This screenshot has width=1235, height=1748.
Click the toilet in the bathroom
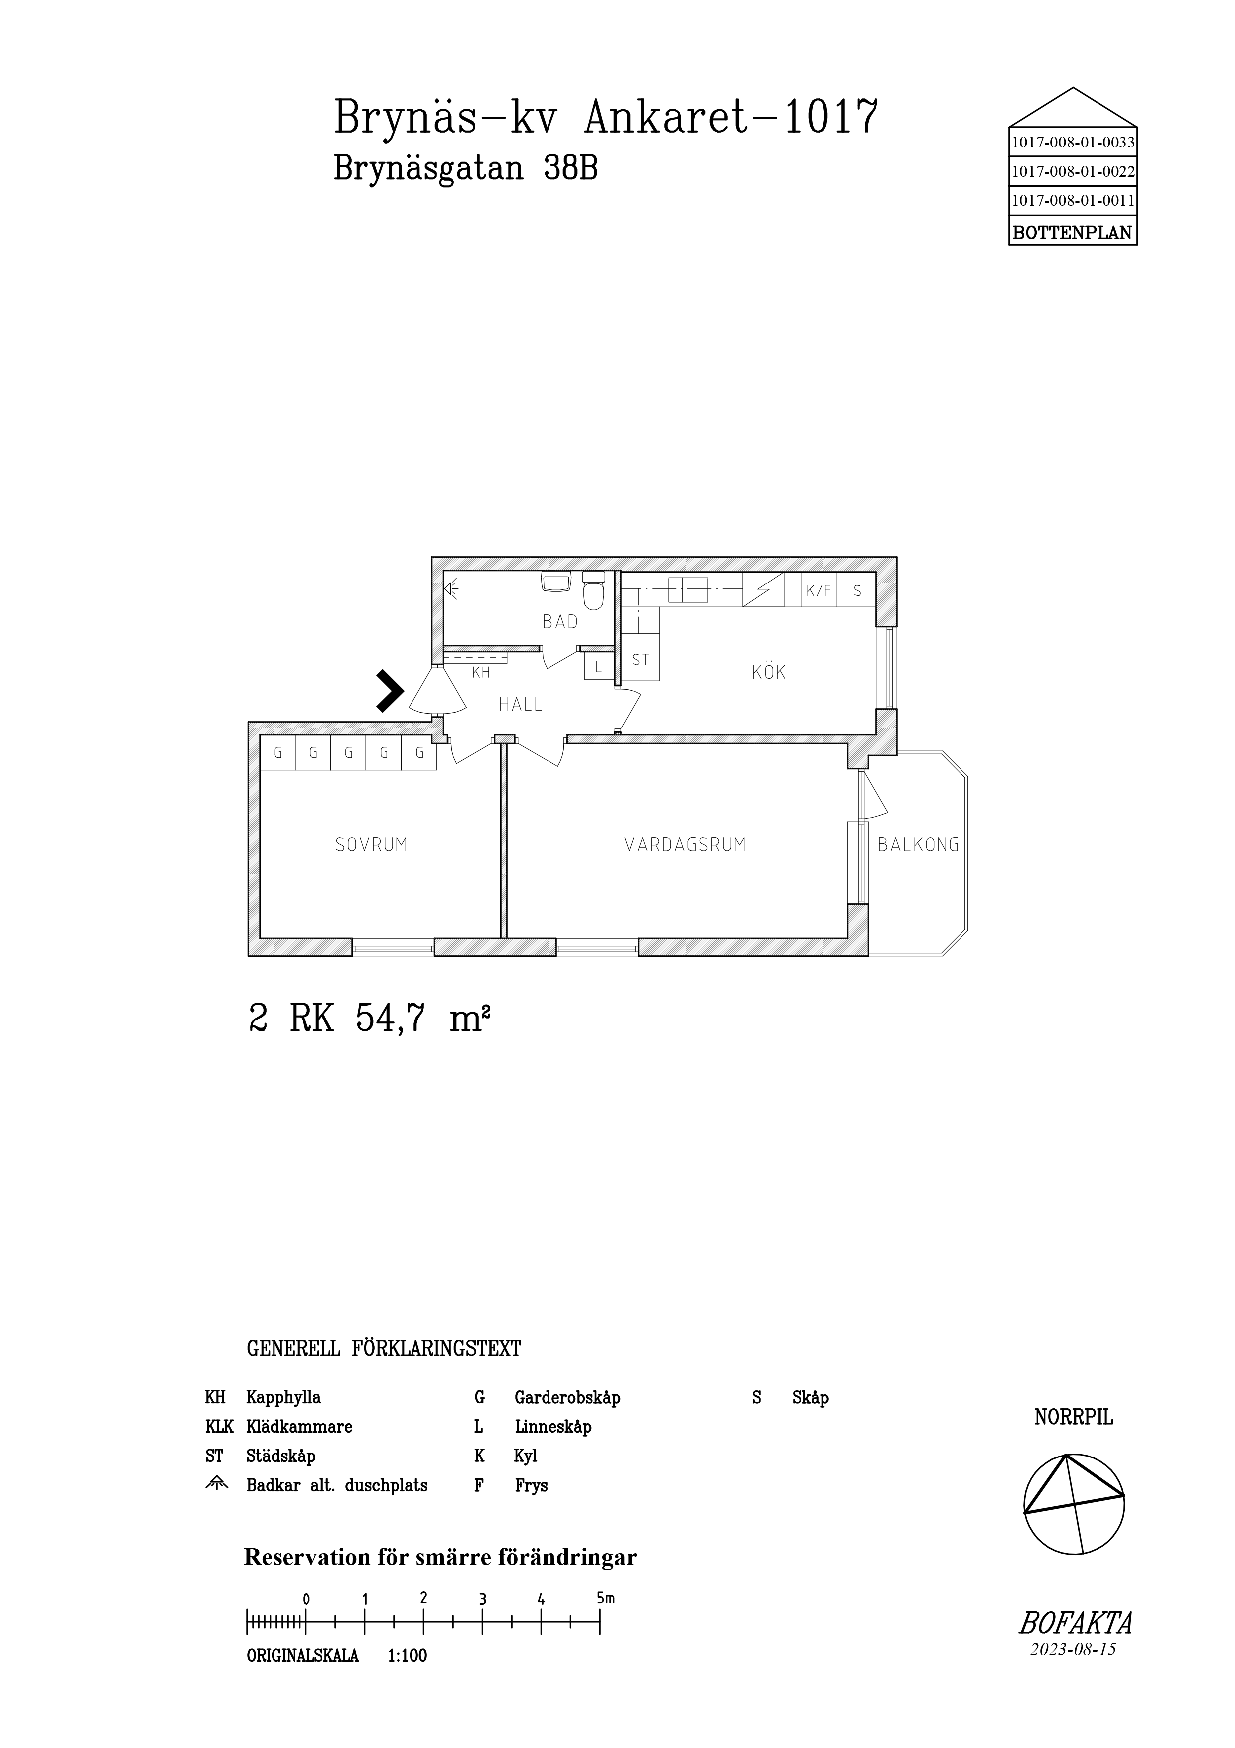[x=593, y=591]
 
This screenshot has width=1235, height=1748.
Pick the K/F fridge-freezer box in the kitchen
[x=820, y=590]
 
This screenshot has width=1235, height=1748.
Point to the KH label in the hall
[x=481, y=673]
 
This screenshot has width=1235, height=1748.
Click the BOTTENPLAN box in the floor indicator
[x=1073, y=232]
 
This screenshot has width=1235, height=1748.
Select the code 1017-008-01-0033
[x=1073, y=143]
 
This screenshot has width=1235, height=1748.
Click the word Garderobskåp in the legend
[x=567, y=1398]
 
